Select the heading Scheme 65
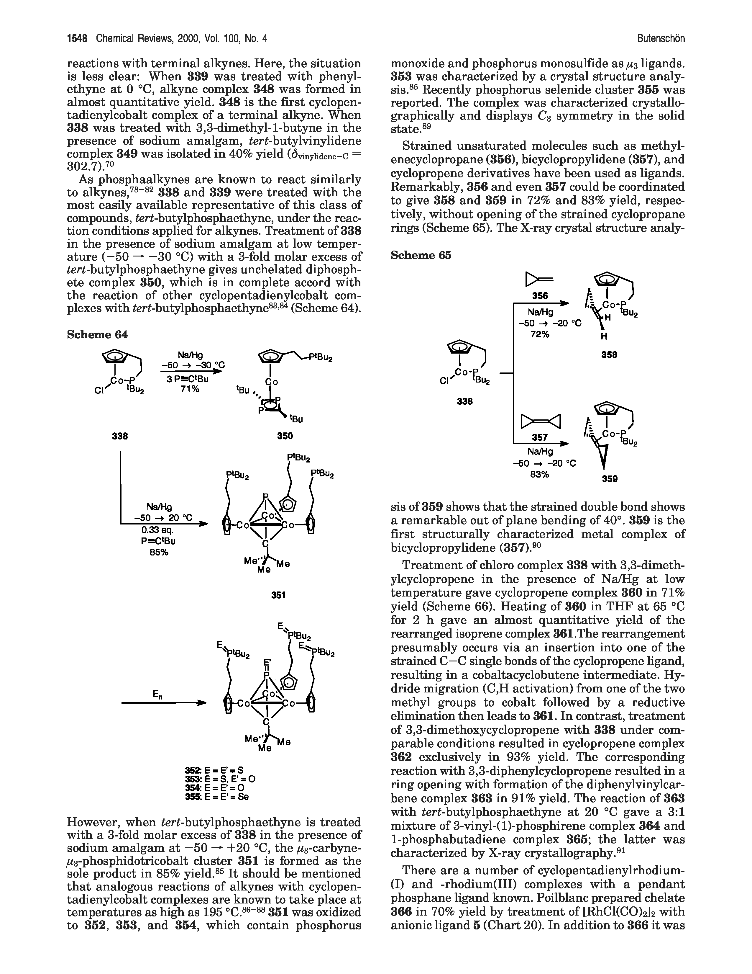tap(421, 255)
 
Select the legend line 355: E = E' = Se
tap(217, 797)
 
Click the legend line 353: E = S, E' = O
tap(220, 779)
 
